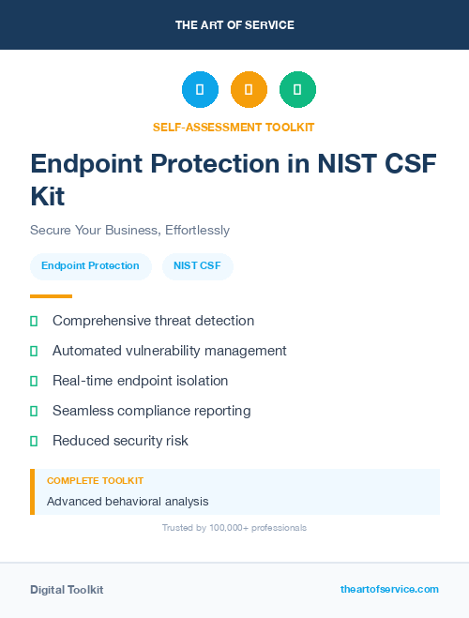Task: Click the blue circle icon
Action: pyautogui.click(x=200, y=89)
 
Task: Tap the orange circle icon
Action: pyautogui.click(x=249, y=89)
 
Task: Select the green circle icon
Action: pyautogui.click(x=297, y=89)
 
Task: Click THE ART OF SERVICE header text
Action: pyautogui.click(x=234, y=25)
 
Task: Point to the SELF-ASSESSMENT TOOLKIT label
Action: pyautogui.click(x=234, y=127)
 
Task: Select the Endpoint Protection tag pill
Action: pyautogui.click(x=90, y=266)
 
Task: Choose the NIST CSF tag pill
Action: pyautogui.click(x=198, y=266)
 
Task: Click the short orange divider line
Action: pyautogui.click(x=51, y=296)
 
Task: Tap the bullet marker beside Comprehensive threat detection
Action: pyautogui.click(x=34, y=321)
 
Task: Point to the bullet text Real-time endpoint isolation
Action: pyautogui.click(x=140, y=381)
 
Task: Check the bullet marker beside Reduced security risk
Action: pyautogui.click(x=34, y=441)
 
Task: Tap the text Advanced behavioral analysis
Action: pyautogui.click(x=128, y=502)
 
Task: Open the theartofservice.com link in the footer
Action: pyautogui.click(x=389, y=589)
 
